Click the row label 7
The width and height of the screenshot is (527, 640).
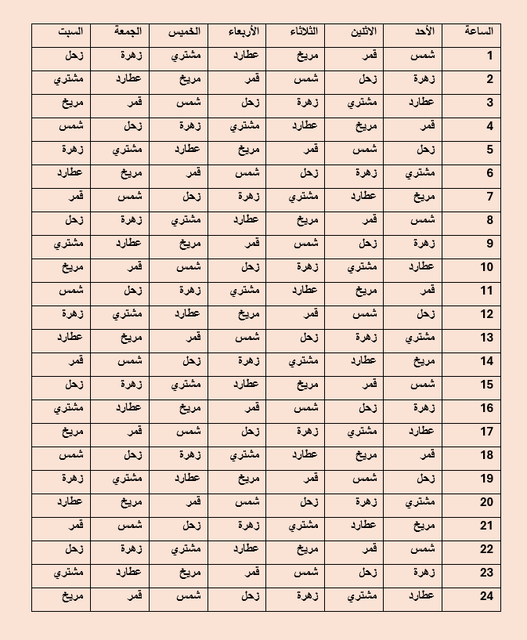[x=489, y=197]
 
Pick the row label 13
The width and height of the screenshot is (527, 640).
[x=487, y=338]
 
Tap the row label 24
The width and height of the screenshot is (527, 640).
[x=487, y=596]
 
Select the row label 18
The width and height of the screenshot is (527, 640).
[x=487, y=455]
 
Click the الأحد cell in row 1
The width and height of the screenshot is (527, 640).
[x=422, y=56]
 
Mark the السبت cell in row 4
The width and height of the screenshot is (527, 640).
[x=71, y=126]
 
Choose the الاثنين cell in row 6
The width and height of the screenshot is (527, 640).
[x=364, y=173]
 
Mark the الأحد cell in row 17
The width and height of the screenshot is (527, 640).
[x=421, y=432]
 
